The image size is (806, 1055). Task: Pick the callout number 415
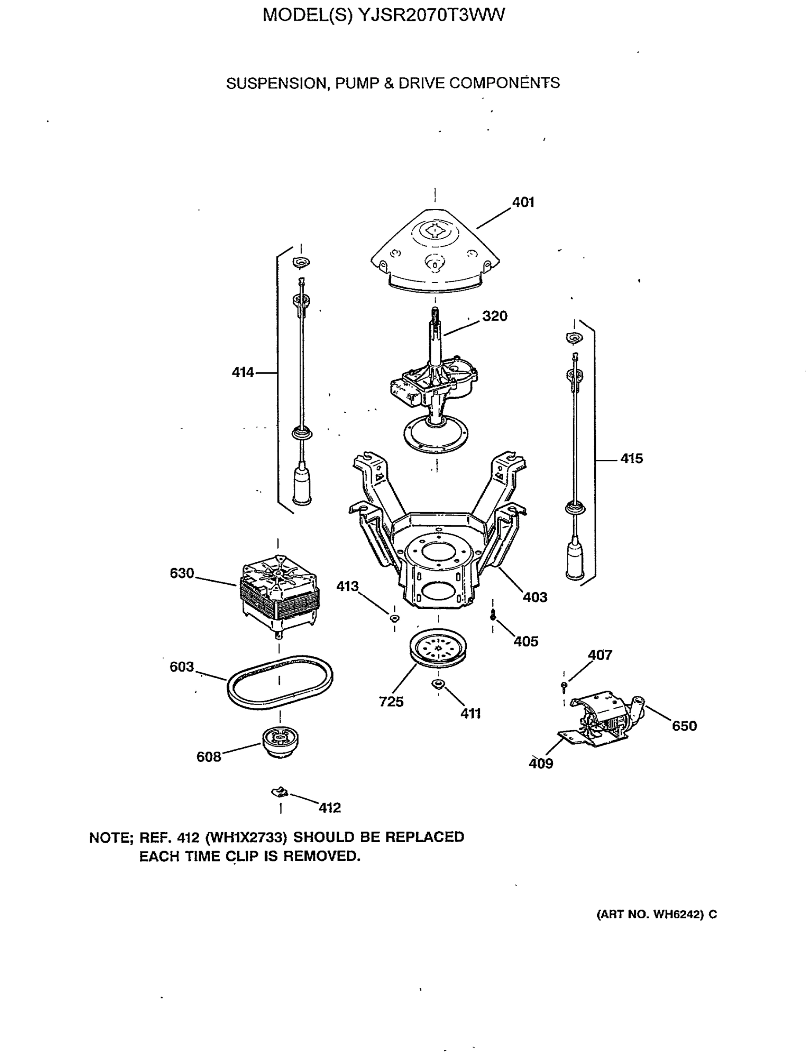click(x=632, y=458)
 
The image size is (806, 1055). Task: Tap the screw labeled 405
click(x=493, y=616)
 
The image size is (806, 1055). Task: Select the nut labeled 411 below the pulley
click(x=438, y=683)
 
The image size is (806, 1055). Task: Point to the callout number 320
click(x=495, y=316)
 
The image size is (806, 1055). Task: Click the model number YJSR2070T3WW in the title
click(x=431, y=15)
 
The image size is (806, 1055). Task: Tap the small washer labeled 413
click(x=394, y=618)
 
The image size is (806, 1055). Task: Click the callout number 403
click(x=534, y=597)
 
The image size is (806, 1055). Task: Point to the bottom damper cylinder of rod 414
click(x=302, y=487)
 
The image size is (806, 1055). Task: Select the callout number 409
click(x=541, y=763)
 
